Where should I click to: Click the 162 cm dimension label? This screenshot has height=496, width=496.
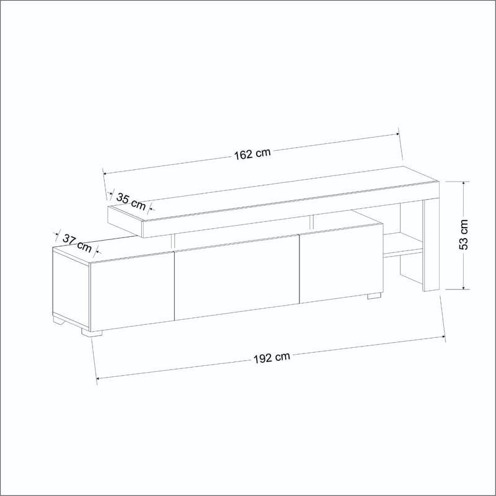(252, 154)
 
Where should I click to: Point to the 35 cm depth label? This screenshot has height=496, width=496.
(131, 200)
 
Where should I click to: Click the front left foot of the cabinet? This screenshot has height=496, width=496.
(92, 332)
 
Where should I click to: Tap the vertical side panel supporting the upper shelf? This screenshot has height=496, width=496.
(430, 245)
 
